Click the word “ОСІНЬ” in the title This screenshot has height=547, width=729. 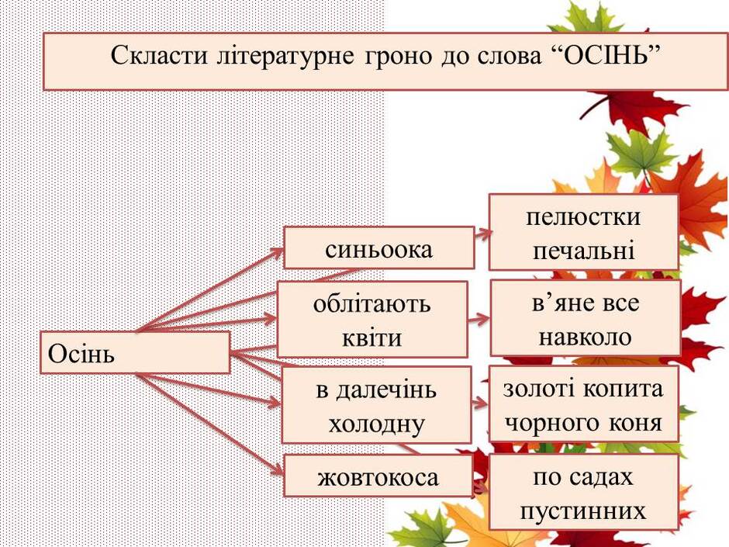(606, 55)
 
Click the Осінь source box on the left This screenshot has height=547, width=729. (135, 352)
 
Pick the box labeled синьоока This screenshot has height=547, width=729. (379, 248)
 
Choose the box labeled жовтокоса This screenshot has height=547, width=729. (378, 476)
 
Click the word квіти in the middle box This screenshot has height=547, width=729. (372, 338)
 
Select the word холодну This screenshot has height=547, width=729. (377, 424)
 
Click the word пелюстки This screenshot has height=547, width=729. (583, 218)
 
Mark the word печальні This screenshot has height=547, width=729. (583, 251)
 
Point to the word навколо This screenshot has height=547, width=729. (585, 337)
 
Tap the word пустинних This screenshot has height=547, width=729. (583, 511)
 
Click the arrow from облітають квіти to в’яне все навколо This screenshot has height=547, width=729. (479, 320)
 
